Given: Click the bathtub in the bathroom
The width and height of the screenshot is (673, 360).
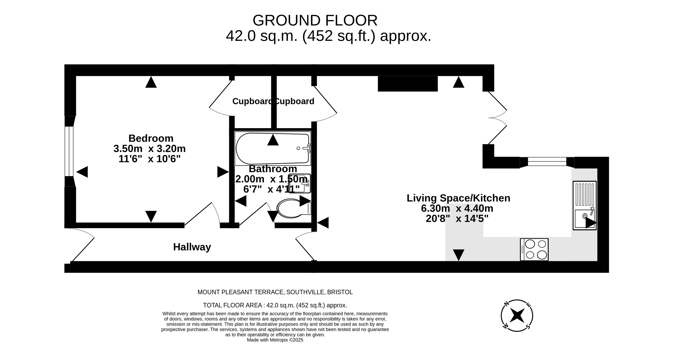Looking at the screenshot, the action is coord(273,148).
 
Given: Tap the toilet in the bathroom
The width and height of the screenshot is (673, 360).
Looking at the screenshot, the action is coord(294,208).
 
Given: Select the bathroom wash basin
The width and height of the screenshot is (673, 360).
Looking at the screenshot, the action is coord(300,183).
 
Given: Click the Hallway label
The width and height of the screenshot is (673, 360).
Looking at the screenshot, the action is coord(192,247).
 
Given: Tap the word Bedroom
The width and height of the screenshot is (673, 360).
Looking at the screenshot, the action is coord(151,138).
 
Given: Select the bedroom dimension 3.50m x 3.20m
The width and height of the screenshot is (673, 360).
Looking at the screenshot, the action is coord(149,148).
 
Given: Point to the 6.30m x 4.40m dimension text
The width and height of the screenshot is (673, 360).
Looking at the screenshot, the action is coord(457,208).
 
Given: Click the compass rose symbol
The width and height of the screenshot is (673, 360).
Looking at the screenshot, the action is coord(517,316).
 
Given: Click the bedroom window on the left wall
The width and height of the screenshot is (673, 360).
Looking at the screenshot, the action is coord(69,151).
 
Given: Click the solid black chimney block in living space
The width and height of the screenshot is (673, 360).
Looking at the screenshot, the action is coord(408,84).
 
